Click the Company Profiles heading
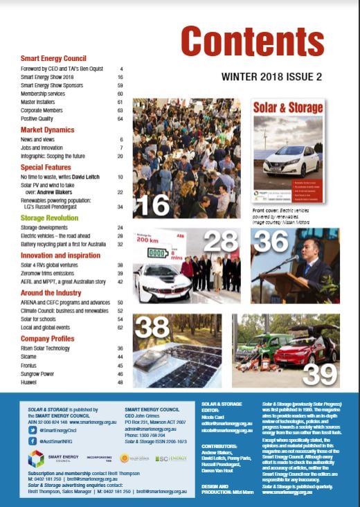click(x=48, y=339)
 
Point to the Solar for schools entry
click(x=43, y=319)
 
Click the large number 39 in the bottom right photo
click(x=318, y=373)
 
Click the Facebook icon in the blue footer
click(x=33, y=440)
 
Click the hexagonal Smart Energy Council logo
click(x=36, y=458)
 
